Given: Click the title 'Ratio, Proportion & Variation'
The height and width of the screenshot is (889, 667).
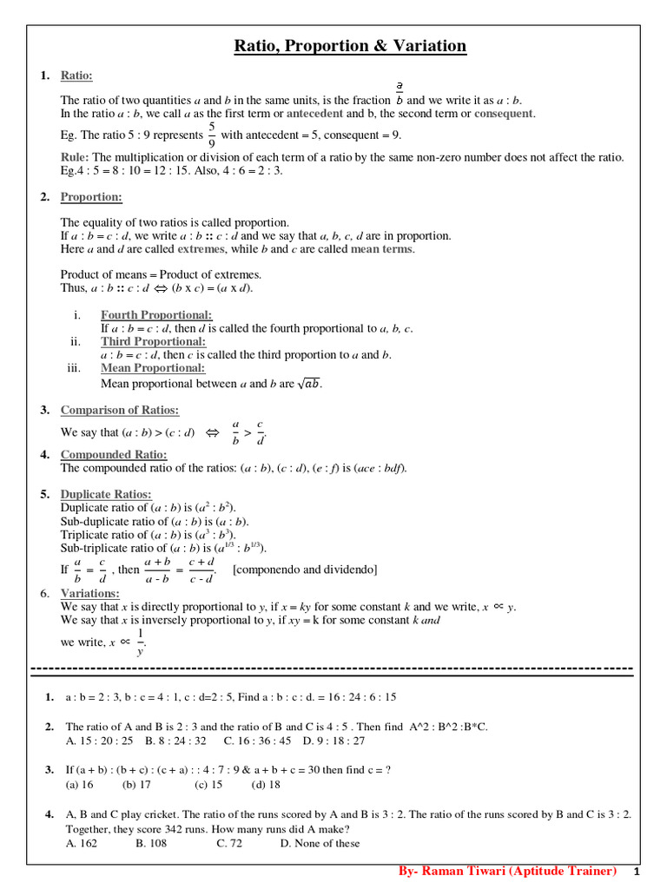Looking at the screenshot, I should (350, 46).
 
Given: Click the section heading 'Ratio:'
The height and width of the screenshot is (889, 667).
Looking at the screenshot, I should (76, 76).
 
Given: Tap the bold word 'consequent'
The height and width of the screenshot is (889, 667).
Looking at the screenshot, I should (504, 114).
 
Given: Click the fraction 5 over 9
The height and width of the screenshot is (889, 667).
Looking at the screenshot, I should (211, 135).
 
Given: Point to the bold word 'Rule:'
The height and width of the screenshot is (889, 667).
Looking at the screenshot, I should (75, 157).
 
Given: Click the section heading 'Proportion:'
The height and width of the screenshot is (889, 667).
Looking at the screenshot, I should (91, 197).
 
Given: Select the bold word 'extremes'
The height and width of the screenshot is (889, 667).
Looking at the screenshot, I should (201, 249).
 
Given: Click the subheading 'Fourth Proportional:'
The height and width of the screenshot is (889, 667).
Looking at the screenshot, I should (156, 315).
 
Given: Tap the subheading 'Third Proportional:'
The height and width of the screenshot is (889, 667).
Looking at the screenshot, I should (153, 341).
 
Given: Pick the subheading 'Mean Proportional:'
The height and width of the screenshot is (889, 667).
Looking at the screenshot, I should (153, 367).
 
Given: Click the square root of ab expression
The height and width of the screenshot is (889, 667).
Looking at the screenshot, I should (309, 384).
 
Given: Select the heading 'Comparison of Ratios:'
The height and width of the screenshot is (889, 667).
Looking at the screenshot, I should (120, 410).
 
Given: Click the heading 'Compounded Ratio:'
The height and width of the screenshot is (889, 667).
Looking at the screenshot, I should (114, 454).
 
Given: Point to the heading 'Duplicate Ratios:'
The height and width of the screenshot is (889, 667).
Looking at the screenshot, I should (106, 494).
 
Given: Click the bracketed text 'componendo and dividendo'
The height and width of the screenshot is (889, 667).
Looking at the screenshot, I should (305, 570).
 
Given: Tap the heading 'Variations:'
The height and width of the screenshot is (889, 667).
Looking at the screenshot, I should (90, 593).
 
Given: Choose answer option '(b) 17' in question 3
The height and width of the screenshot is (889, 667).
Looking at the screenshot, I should (136, 784).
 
